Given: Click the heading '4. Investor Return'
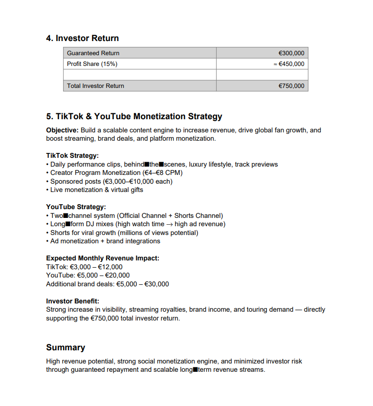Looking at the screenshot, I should pos(82,38).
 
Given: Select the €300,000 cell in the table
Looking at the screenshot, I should pos(291,53).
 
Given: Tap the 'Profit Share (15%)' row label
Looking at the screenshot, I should pos(92,64).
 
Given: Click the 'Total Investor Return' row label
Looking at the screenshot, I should pos(95,86).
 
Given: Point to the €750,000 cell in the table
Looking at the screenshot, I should pos(291,86).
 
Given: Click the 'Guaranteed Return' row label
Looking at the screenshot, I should pos(93,53).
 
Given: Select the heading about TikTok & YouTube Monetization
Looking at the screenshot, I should pos(134,116).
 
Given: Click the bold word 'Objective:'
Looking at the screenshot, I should pos(62,130).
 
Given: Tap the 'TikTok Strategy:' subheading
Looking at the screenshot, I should pos(72,156).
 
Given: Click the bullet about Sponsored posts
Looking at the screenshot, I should pos(111,181).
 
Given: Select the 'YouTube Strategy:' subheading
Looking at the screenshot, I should pos(76,207).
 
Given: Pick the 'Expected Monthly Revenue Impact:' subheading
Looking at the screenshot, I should pos(103,258).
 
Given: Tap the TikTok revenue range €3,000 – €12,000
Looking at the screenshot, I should pos(96,267).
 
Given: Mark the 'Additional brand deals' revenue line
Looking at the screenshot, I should pos(108,284).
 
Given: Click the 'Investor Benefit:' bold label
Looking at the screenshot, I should pos(72,301).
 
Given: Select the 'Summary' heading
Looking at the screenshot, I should pos(66,347).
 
